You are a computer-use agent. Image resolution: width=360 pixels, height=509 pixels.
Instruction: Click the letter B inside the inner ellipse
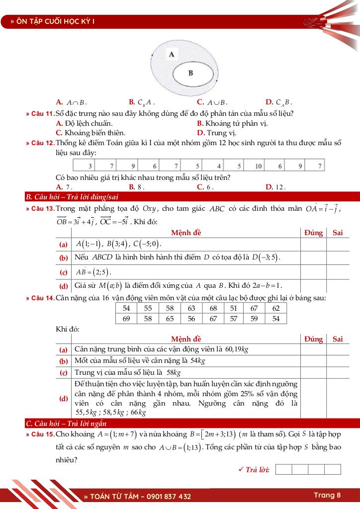point(190,73)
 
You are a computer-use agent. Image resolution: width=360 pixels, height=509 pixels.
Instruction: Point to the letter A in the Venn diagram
point(172,54)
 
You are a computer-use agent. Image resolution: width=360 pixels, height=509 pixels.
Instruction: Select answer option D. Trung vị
point(216,133)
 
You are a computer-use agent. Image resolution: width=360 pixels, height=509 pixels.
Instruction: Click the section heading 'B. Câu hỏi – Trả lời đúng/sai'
point(72,197)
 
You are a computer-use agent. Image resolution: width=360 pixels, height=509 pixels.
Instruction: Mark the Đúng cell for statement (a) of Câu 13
point(313,244)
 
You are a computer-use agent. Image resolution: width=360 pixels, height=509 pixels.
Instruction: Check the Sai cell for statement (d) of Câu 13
point(338,285)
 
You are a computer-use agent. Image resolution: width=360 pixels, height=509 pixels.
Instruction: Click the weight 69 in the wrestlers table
point(126,319)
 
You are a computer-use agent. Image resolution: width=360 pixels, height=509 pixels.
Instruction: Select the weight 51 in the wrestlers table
point(234,308)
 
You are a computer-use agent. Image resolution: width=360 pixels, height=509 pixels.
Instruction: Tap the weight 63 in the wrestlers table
point(191,308)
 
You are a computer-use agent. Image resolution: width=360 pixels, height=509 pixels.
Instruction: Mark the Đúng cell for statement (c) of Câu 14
point(313,372)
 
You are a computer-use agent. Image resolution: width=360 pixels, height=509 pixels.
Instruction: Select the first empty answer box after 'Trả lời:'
point(283,469)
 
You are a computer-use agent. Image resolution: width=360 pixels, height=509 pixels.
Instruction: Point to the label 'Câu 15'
point(42,434)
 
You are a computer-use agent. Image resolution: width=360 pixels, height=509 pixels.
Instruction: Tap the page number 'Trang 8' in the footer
point(327,495)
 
